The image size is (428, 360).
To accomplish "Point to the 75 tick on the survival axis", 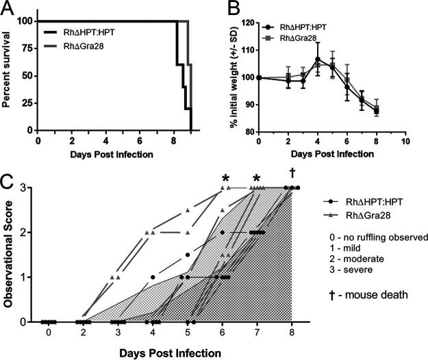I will (25, 49).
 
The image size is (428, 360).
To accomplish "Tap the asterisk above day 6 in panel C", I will (224, 179).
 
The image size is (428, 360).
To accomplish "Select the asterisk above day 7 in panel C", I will (257, 179).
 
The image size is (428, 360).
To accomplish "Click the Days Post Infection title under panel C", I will (171, 352).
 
